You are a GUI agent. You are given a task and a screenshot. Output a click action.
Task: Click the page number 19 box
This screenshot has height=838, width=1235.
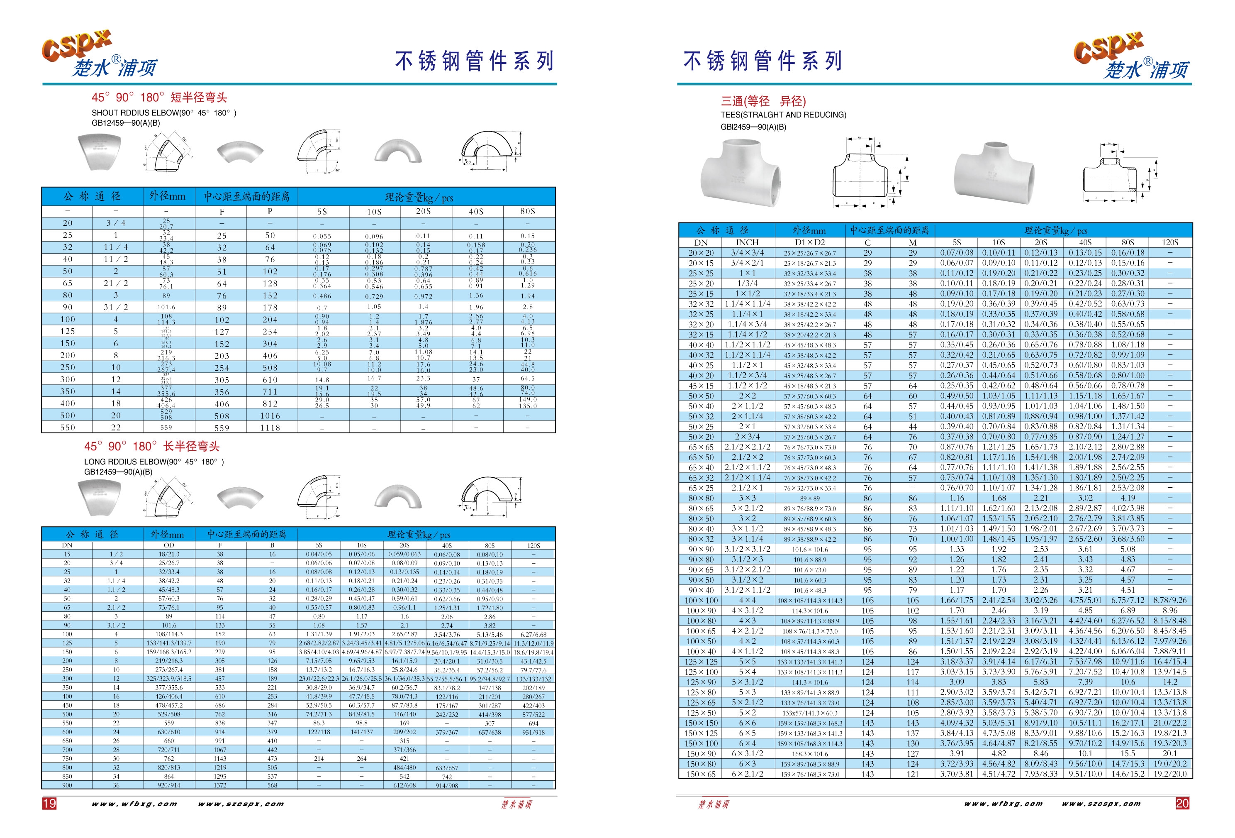pos(49,803)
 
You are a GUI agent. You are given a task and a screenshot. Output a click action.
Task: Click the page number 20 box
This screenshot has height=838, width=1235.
pos(1182,803)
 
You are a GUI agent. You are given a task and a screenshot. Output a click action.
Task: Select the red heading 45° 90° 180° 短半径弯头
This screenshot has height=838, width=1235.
pos(159,97)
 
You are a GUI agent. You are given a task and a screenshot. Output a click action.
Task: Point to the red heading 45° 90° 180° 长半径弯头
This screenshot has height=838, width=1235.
pos(151,446)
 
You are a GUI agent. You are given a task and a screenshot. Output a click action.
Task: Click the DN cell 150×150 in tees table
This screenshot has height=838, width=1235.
pos(701,723)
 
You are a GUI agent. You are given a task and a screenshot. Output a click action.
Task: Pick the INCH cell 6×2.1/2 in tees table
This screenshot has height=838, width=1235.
pos(747,774)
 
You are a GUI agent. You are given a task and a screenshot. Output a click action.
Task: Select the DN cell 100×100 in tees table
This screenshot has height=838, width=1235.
pos(701,600)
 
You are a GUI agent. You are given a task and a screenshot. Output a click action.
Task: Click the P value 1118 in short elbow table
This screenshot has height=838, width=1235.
pos(270,428)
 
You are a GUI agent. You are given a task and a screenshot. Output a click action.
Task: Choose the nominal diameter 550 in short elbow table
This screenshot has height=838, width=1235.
pos(68,428)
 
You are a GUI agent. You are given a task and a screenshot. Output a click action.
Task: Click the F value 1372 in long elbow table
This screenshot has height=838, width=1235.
pos(220,785)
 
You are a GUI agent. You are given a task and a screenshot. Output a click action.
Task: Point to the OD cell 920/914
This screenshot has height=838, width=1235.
pos(168,785)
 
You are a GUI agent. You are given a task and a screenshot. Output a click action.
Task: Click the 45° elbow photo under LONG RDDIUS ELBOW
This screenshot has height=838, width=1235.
pos(99,497)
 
